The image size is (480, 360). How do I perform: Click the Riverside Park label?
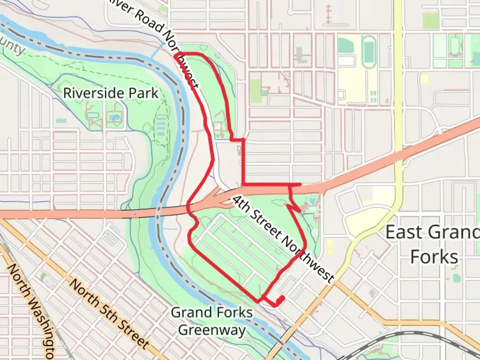tap(111, 93)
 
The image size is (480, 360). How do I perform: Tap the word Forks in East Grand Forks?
tap(434, 257)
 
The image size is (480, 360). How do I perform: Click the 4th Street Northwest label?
tap(283, 239)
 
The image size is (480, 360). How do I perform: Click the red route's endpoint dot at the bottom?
tap(282, 298)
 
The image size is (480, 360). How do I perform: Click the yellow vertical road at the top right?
tap(397, 67)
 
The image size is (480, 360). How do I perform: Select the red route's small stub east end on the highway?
tap(301, 184)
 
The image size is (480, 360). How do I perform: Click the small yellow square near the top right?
tap(424, 79)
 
